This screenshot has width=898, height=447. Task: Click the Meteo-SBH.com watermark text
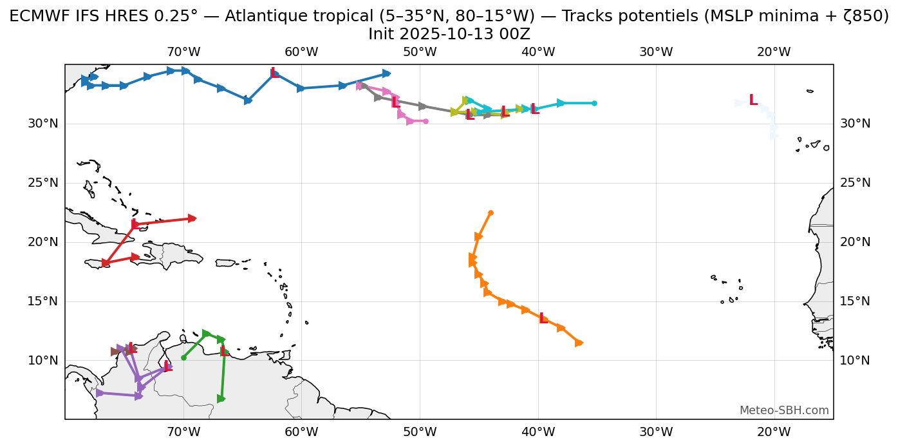[783, 410]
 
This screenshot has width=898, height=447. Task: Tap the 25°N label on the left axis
[43, 183]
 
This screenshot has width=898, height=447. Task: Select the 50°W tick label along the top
[420, 52]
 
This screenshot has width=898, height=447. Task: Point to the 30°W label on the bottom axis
[656, 431]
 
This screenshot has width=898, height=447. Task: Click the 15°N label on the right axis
[855, 301]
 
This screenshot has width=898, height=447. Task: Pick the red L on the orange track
[543, 318]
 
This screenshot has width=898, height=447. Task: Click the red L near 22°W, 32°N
[753, 100]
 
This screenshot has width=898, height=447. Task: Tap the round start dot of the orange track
[491, 213]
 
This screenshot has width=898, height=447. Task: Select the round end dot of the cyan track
[594, 103]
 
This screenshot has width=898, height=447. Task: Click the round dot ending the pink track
[426, 121]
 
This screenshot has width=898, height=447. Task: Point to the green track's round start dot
[183, 357]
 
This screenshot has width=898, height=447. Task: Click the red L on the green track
[224, 351]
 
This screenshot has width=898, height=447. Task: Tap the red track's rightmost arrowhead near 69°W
[192, 218]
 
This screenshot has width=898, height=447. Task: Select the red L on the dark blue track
[275, 73]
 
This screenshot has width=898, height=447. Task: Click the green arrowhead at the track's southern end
[221, 399]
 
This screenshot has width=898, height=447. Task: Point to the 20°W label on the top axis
[774, 52]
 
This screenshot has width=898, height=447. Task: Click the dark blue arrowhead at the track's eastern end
[386, 73]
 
